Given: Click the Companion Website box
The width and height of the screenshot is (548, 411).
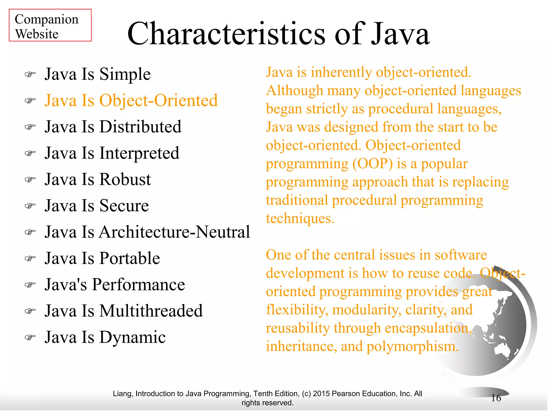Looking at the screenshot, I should pyautogui.click(x=50, y=25).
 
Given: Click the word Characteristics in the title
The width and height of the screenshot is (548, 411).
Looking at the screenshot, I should pyautogui.click(x=226, y=34).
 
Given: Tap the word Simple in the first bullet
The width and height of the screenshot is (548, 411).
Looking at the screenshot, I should pyautogui.click(x=125, y=74).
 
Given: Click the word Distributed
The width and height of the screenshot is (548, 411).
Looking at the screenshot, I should pyautogui.click(x=140, y=127).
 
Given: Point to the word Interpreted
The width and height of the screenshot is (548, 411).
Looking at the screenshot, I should pyautogui.click(x=139, y=153).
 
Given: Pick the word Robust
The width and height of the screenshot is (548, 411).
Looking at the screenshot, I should pyautogui.click(x=125, y=179).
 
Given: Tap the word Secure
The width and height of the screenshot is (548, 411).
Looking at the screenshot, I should pyautogui.click(x=124, y=206).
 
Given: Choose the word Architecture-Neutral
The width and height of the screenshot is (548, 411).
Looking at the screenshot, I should pyautogui.click(x=174, y=232).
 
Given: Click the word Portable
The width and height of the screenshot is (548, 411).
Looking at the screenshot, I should pyautogui.click(x=130, y=258).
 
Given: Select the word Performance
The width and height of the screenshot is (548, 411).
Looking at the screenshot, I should pyautogui.click(x=138, y=284).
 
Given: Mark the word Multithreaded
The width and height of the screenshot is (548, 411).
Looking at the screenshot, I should pyautogui.click(x=151, y=311).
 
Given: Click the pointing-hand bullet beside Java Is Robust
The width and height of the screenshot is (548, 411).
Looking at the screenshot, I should pyautogui.click(x=30, y=179).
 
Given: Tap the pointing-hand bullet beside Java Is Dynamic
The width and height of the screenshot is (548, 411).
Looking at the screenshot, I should pyautogui.click(x=30, y=337).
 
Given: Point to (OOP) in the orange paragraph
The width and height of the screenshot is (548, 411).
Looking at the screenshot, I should pyautogui.click(x=372, y=164).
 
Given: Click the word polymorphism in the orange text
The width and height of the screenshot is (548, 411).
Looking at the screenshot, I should pyautogui.click(x=412, y=347).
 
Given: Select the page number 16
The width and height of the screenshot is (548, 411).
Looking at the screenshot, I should pyautogui.click(x=496, y=398).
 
